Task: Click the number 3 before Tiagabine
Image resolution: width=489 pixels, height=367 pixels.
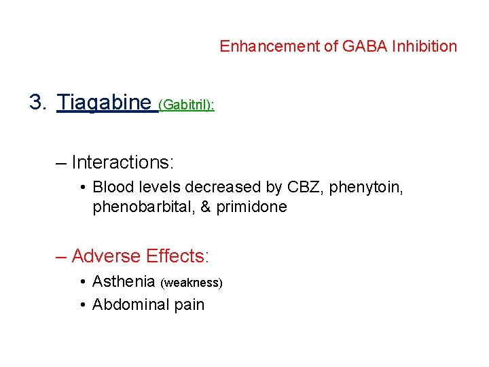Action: click(x=36, y=103)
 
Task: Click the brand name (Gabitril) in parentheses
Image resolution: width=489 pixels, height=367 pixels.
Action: click(x=185, y=105)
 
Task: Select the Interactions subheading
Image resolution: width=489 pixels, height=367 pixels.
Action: click(x=123, y=162)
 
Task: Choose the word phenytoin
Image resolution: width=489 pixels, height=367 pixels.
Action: click(x=366, y=188)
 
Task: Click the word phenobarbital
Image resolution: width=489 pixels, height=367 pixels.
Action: click(x=143, y=207)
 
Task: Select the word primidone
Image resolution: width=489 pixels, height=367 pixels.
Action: click(x=251, y=207)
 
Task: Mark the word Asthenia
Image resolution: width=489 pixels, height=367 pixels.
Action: click(x=124, y=281)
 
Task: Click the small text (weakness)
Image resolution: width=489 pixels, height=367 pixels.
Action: click(x=192, y=283)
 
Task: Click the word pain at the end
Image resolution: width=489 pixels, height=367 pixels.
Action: click(x=188, y=305)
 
